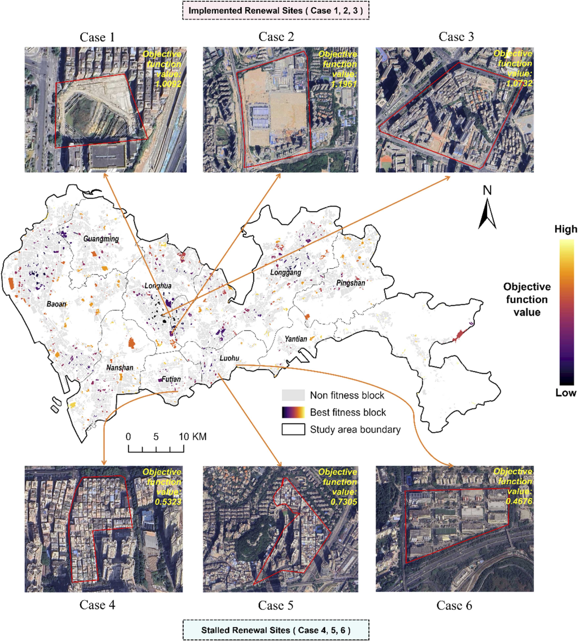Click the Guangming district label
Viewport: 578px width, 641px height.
pos(101,239)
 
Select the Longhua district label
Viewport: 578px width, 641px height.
pos(158,286)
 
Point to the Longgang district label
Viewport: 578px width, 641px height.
pos(285,272)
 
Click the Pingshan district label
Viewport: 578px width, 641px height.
pos(351,282)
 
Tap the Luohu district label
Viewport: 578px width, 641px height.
pos(229,358)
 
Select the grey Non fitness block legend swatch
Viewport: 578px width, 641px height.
pos(293,395)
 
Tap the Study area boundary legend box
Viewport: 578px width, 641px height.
pos(293,429)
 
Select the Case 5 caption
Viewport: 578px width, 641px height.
pos(275,605)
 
